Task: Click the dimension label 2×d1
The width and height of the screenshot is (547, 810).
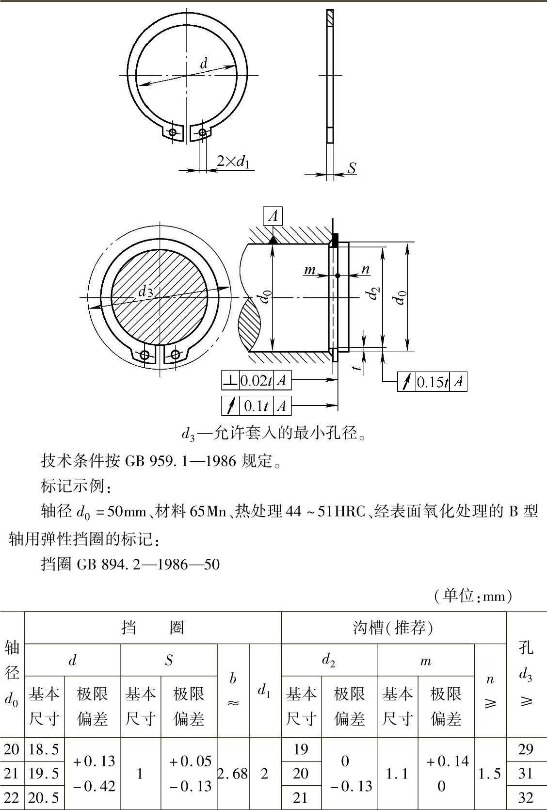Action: pos(233,161)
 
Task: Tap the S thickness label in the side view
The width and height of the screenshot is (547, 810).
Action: pos(352,168)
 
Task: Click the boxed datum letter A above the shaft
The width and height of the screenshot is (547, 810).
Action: pos(273,216)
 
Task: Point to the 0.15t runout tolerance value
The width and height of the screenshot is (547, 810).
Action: pos(433,382)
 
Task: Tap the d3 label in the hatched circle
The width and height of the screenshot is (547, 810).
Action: pos(145,291)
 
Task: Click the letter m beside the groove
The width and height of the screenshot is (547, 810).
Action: pos(310,270)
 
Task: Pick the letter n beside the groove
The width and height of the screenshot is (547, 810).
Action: pos(366,269)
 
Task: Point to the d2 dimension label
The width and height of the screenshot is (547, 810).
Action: pos(374,293)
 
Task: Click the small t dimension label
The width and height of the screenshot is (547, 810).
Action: pos(357,368)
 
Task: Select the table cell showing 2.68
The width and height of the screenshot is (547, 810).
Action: pos(233,774)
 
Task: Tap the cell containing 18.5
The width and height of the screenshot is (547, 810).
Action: pos(44,749)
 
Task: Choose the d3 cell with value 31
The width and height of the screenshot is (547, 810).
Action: pos(526,774)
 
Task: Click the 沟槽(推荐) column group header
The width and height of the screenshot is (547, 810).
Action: pos(393,628)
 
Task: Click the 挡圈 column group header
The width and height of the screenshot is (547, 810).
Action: pos(153,628)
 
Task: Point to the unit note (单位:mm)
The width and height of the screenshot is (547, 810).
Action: pos(473,596)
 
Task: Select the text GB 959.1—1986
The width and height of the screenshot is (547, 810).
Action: pos(180,461)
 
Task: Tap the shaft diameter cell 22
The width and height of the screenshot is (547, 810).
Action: pos(12,797)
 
